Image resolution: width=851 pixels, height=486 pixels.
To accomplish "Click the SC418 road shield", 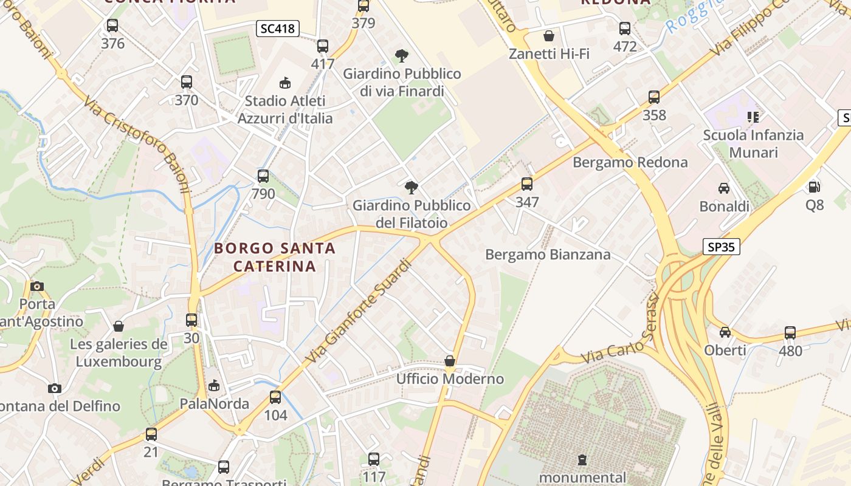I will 277,29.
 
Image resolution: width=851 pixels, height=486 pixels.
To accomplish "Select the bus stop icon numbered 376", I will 112,26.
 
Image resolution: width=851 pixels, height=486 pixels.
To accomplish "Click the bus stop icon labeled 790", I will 263,176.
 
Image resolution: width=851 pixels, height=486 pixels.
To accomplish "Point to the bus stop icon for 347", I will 527,184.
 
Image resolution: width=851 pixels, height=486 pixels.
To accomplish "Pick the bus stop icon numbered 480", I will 790,332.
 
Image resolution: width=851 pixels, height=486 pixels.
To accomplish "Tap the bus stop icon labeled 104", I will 275,397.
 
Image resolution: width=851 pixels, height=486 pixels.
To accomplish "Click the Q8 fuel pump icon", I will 814,187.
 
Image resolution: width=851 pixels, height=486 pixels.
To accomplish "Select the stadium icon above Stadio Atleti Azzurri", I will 285,83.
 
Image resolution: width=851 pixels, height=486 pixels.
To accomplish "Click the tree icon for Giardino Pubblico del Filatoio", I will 412,187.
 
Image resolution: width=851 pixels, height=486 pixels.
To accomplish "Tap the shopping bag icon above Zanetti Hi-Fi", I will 549,36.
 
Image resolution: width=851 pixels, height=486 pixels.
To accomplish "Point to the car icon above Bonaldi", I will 724,188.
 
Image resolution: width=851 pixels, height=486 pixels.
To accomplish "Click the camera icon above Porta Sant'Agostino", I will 37,286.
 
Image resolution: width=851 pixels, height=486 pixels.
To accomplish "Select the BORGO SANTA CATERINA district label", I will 275,257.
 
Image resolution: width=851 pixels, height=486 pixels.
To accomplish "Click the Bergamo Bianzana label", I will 548,255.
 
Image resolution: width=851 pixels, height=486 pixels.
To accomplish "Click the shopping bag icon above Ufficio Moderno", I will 450,361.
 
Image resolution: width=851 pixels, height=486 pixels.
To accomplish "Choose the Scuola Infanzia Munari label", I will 753,143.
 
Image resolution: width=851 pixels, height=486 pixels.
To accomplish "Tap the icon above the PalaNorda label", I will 214,386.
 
